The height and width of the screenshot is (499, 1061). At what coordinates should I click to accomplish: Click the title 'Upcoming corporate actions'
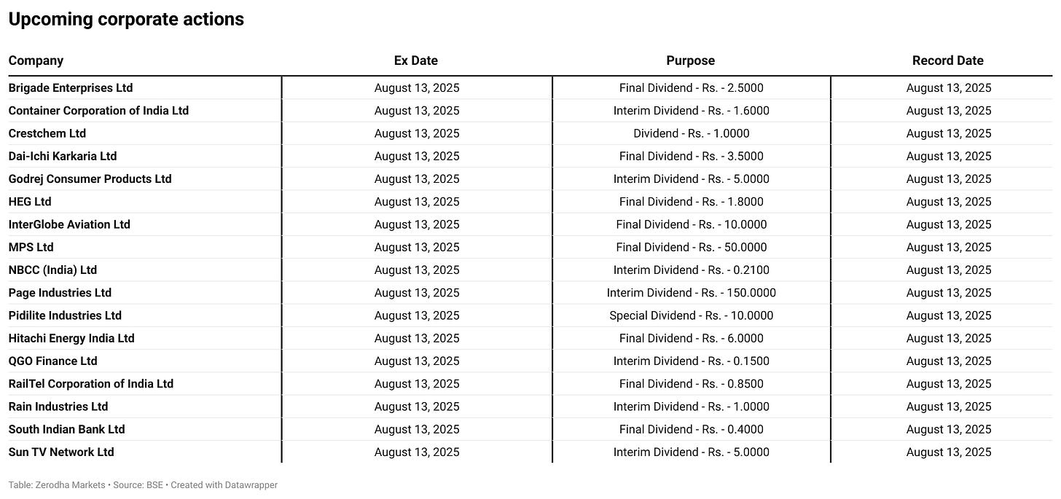pos(126,20)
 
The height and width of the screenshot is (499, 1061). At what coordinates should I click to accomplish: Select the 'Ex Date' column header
pos(416,60)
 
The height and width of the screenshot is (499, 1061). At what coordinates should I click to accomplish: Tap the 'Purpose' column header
pos(691,60)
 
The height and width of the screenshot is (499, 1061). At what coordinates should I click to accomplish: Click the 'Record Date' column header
pos(948,60)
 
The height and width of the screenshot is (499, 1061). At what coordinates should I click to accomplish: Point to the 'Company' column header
pos(36,60)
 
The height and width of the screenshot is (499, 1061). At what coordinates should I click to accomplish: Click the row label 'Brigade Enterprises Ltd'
pos(71,88)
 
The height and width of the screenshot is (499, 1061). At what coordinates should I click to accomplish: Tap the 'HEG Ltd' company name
pos(30,202)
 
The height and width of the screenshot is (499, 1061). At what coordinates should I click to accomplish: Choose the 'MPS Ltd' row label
pos(31,247)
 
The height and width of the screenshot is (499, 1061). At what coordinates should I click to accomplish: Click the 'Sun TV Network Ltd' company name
pos(61,452)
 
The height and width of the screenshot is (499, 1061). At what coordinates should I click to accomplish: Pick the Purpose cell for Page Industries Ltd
pos(691,293)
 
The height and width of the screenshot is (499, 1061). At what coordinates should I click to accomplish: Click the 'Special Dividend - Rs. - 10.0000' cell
pos(691,315)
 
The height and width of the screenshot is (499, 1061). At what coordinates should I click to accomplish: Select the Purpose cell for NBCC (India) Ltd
pos(691,270)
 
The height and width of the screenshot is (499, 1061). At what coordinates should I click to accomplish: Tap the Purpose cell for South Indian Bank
pos(691,430)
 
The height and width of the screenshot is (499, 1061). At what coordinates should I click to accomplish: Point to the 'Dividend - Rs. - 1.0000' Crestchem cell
pos(691,133)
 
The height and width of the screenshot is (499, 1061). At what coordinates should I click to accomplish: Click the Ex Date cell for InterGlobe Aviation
pos(417,224)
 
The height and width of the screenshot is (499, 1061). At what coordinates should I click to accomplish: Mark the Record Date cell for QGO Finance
pos(949,361)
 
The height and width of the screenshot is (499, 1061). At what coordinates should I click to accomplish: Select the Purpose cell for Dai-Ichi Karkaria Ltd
pos(691,156)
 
